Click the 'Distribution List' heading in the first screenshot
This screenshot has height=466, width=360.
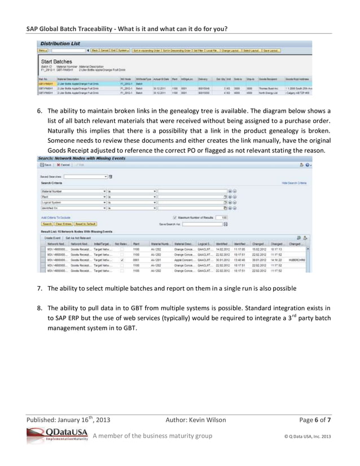[x=59, y=43]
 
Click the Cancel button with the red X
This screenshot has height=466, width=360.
[x=63, y=165]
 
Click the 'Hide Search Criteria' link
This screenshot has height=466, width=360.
[x=294, y=183]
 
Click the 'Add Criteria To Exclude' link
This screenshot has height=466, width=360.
[x=56, y=217]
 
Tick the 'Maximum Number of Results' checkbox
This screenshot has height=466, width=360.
[x=174, y=217]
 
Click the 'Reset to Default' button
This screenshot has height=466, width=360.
[x=85, y=223]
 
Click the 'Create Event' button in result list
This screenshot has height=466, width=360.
[x=52, y=238]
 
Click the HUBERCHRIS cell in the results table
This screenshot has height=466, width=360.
[x=296, y=260]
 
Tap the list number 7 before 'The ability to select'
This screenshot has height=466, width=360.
[x=40, y=288]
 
